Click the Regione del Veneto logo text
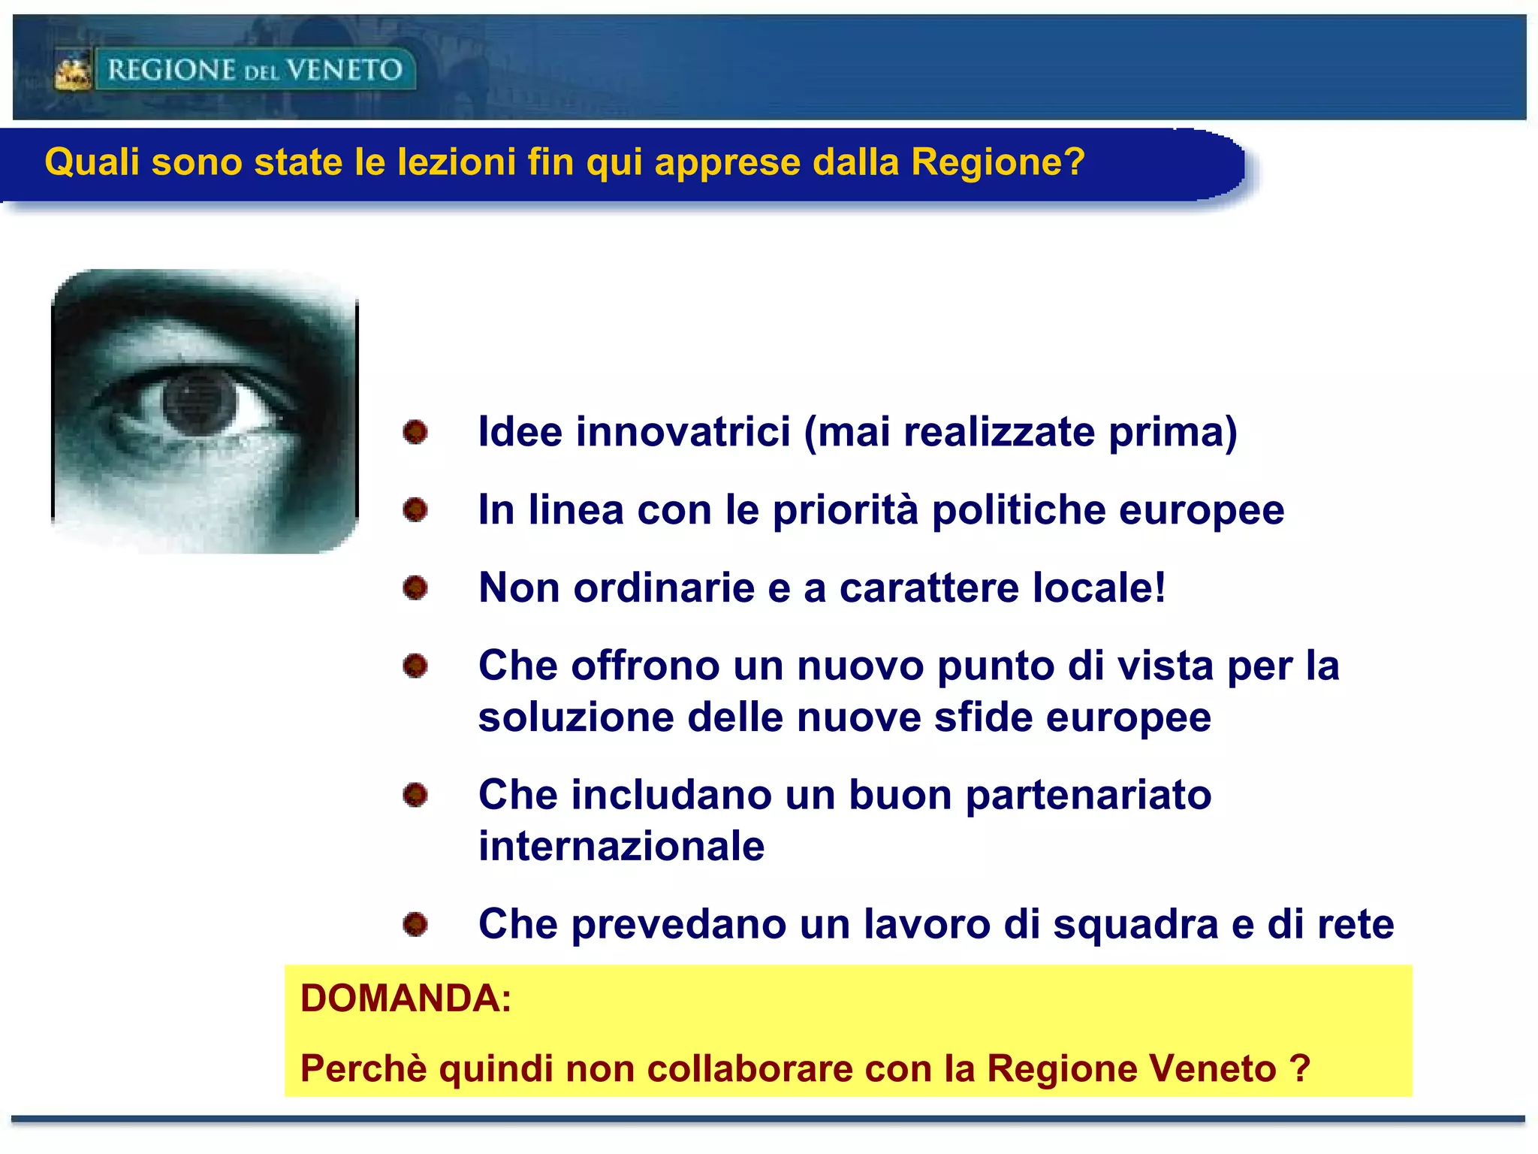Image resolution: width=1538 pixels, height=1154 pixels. coord(255,70)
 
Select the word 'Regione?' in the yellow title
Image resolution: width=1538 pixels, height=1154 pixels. coord(998,162)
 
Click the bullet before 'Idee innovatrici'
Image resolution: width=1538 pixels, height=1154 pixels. coord(415,432)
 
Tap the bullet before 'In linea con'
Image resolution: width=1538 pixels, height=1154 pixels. coord(415,510)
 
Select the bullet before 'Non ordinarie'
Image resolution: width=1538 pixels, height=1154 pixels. coord(415,588)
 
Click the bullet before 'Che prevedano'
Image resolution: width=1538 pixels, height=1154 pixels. coord(415,924)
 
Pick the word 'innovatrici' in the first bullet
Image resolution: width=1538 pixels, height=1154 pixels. coord(683,432)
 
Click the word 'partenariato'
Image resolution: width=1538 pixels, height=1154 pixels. coord(1088,796)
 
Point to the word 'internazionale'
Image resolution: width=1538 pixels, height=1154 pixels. coord(622,847)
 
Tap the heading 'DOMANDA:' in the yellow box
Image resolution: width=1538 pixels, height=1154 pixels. coord(406,999)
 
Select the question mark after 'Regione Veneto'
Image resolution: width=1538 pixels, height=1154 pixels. coord(1300,1068)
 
